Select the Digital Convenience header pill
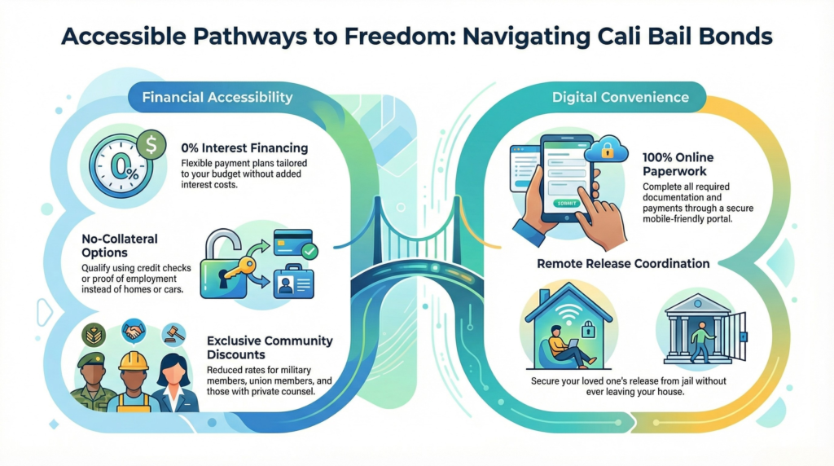620,98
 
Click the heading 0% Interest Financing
244,148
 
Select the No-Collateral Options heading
120,246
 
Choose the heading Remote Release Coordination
623,264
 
